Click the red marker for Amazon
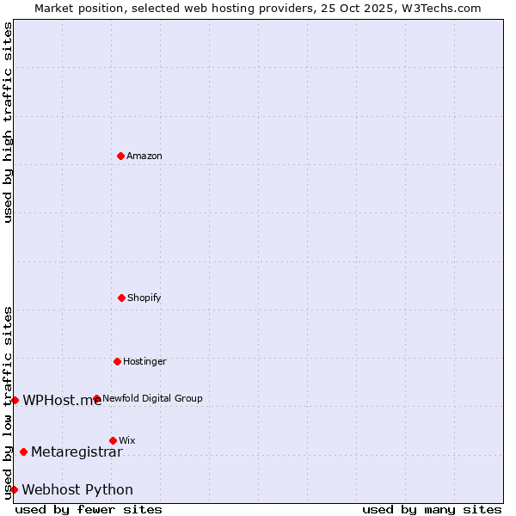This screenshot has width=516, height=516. tap(120, 156)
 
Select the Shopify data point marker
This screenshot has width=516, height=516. tap(121, 298)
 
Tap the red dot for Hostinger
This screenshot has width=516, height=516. tap(117, 361)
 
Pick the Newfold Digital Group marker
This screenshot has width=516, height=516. tap(96, 398)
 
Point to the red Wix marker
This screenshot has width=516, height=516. tap(113, 440)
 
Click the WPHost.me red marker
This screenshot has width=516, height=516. tap(15, 400)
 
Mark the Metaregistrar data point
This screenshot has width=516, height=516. tap(23, 451)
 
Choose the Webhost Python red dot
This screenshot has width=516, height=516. tap(14, 489)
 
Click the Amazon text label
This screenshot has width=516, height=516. tap(144, 156)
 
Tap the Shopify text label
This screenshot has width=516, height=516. tap(144, 298)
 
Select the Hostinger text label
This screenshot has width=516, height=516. tap(144, 361)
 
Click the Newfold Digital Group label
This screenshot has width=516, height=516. tap(152, 398)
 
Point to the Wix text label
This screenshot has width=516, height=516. tap(127, 440)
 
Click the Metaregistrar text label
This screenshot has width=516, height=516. tap(77, 451)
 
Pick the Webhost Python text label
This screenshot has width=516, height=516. tap(77, 489)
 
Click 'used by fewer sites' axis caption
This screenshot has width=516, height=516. tap(89, 509)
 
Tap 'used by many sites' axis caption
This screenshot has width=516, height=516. tap(432, 509)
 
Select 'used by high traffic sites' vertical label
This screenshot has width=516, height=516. tap(8, 122)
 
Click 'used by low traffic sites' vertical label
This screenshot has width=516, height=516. tap(8, 402)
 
